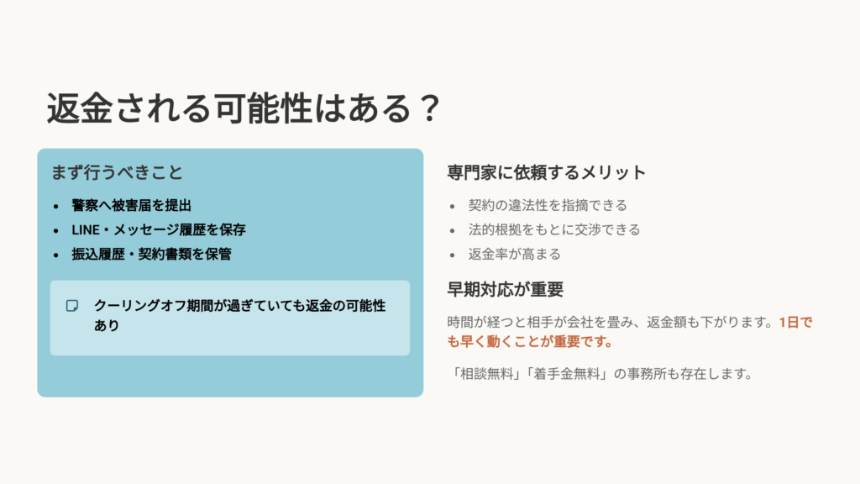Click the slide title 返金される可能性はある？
243,108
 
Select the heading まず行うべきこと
117,172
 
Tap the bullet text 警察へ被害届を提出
138,206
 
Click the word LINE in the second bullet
85,229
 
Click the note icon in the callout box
73,305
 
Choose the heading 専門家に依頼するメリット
547,173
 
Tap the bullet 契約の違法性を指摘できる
548,205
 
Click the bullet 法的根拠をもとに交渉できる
554,229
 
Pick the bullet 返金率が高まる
514,254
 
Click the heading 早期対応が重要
505,290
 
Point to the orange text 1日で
795,322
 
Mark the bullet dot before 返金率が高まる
452,255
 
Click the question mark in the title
428,109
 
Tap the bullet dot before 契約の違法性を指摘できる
452,206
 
